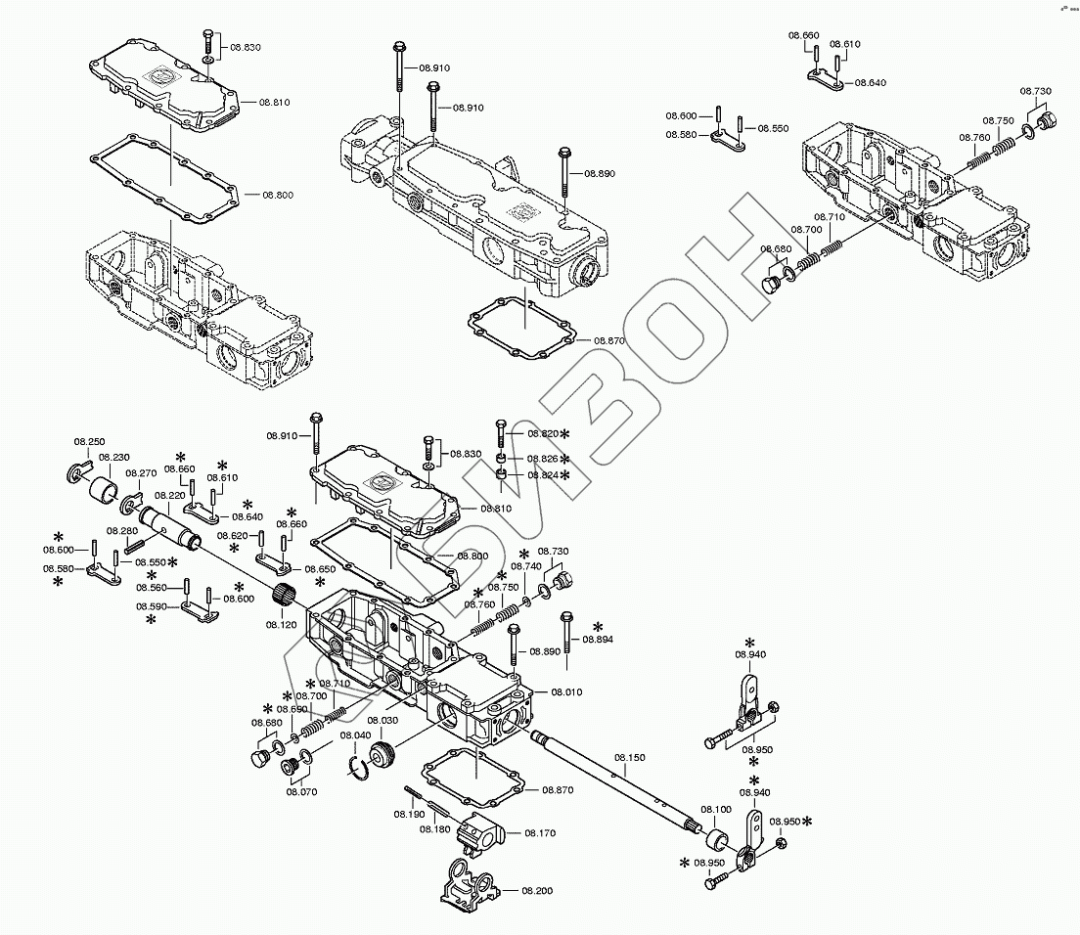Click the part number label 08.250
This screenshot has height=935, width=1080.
click(x=89, y=442)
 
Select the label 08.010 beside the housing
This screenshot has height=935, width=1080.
click(x=565, y=691)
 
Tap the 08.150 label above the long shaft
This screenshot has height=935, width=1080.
click(x=630, y=758)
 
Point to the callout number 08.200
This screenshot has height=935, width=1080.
click(x=537, y=891)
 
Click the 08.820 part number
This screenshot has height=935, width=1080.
click(x=543, y=433)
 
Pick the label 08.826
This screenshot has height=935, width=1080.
click(x=543, y=459)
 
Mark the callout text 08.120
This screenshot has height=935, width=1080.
click(x=282, y=623)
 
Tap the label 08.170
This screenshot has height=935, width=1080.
click(x=539, y=833)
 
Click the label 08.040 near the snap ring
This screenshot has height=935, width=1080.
click(x=355, y=735)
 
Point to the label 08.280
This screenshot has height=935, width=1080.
click(x=122, y=531)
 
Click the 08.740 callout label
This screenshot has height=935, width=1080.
click(x=526, y=566)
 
